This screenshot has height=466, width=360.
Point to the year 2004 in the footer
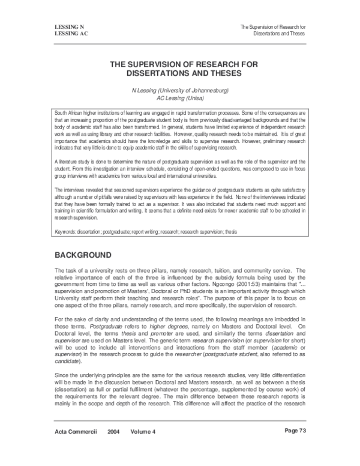point(115,448)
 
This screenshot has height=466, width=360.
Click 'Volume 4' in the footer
point(145,448)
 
